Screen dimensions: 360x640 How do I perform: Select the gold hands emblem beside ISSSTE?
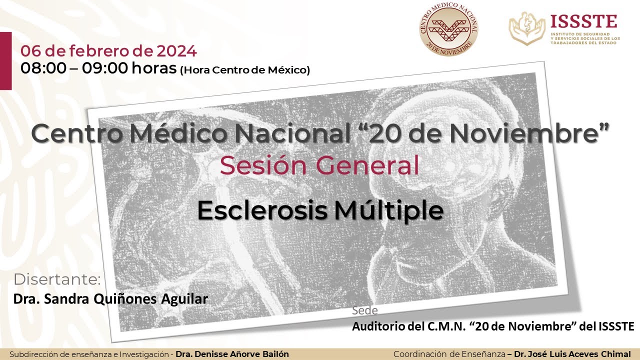coord(527,28)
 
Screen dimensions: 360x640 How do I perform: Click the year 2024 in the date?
coord(176,51)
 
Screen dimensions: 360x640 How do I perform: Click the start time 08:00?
coord(43,68)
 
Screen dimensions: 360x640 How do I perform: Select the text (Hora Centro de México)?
coord(244,70)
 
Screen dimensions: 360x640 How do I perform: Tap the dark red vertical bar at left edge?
coord(5,60)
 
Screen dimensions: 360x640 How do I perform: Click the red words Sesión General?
coord(319,165)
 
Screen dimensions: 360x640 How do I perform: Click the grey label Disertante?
coord(57,279)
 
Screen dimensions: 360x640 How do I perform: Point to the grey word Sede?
coord(364,310)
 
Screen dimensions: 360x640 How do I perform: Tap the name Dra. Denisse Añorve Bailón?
coord(232,354)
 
